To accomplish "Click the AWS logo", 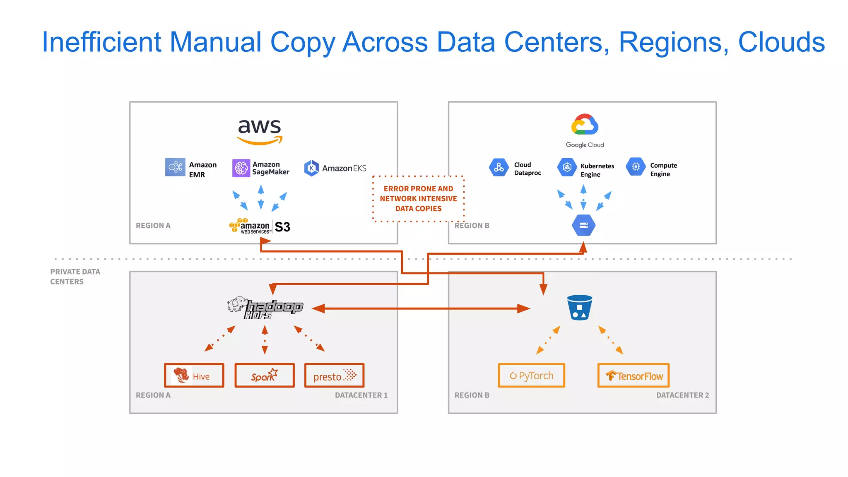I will (260, 131).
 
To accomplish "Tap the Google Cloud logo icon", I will (585, 125).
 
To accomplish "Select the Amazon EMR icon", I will (175, 167).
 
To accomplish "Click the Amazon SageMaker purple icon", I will (241, 168).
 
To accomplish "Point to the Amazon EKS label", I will (344, 168).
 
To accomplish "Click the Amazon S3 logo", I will (260, 226).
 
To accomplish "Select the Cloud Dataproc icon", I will (499, 167).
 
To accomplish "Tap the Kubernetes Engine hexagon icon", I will (567, 167).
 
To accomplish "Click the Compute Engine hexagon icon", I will (636, 167).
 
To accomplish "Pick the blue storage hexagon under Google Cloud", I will (583, 225).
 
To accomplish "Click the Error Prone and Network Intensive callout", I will (418, 199).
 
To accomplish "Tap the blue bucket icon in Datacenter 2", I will (579, 308).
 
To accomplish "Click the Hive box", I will (194, 376).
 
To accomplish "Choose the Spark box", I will (265, 376).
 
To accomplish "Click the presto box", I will (334, 376).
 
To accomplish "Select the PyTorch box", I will (531, 376).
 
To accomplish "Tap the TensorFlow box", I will (633, 376).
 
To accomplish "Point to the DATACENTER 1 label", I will (361, 395).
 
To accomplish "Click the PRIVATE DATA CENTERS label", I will (75, 277).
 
